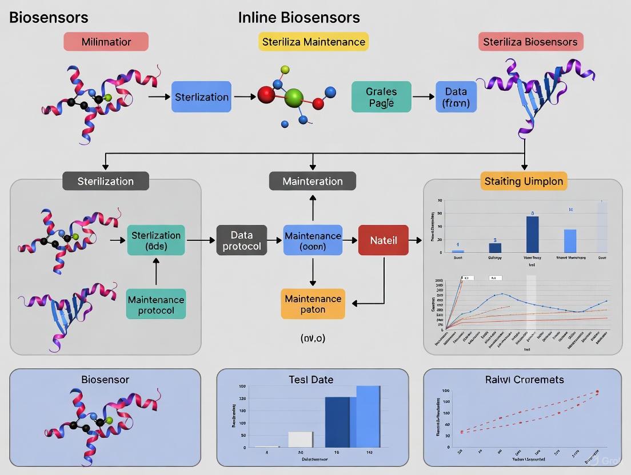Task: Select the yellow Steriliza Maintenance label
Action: coord(313,42)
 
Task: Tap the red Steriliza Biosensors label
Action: coord(530,42)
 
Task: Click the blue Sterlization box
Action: coord(201,96)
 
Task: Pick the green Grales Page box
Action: coord(381,96)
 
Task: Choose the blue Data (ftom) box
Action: coord(456,96)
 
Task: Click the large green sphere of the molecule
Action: coord(294,96)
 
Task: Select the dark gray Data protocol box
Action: coord(241,240)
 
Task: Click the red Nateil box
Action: coord(383,240)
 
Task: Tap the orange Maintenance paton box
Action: coord(313,304)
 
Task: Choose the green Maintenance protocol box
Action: coord(156,304)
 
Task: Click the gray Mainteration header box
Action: coord(313,181)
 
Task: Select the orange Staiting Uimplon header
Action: coord(524,181)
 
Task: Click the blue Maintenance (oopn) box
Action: coord(313,240)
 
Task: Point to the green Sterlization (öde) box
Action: coord(156,240)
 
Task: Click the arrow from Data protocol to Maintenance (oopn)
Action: coord(275,240)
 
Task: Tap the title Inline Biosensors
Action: coord(299,17)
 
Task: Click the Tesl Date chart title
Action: coord(311,379)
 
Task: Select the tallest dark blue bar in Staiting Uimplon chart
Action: coord(532,235)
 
